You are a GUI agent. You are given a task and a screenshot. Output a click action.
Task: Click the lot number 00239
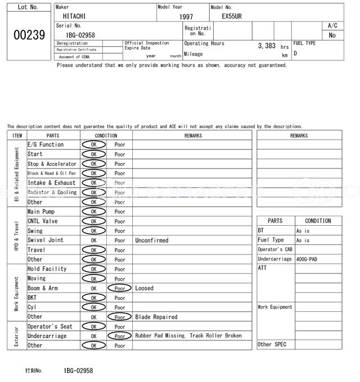29,35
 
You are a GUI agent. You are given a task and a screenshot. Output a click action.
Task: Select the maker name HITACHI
75,17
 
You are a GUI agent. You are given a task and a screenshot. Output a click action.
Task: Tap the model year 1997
186,17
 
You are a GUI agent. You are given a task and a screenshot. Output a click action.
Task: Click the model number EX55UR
232,17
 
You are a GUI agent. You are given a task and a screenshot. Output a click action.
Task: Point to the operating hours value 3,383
267,46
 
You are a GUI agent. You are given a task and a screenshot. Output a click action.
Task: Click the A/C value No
332,35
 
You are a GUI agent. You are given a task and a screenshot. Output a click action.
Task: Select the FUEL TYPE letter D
295,53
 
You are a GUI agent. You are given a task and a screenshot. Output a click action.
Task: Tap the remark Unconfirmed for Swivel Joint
151,240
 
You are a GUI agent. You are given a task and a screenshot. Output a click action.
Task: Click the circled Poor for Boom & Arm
119,288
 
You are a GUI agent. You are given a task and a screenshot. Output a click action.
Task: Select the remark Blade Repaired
156,317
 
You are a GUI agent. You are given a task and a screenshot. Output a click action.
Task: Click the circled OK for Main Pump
93,212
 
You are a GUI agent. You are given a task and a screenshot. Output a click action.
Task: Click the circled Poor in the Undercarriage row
119,336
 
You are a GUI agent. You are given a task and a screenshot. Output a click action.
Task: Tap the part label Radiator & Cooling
52,193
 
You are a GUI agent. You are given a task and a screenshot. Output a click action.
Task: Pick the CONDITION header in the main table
106,135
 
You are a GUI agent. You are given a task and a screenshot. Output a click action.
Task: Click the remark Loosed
144,288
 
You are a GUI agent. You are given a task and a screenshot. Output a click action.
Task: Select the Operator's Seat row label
50,326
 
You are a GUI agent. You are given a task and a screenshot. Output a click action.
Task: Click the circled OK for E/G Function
93,145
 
